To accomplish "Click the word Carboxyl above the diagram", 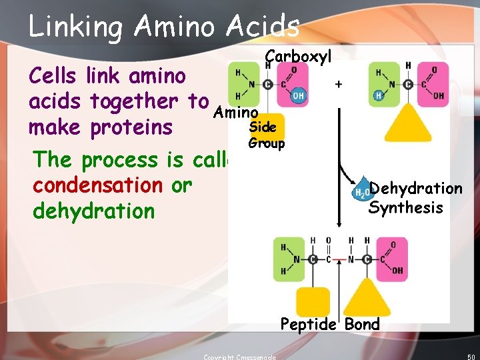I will tap(298, 57).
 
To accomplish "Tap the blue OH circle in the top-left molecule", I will tap(297, 96).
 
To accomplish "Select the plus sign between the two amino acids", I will tap(338, 84).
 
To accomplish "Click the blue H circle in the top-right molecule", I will tap(379, 96).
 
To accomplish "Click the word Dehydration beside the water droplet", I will tap(416, 189).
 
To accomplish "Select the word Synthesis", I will tap(405, 208).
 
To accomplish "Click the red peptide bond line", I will tap(342, 259).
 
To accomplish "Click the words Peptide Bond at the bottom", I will tap(330, 325).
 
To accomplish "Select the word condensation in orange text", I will tap(97, 185).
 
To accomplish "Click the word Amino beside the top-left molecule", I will tap(235, 114).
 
